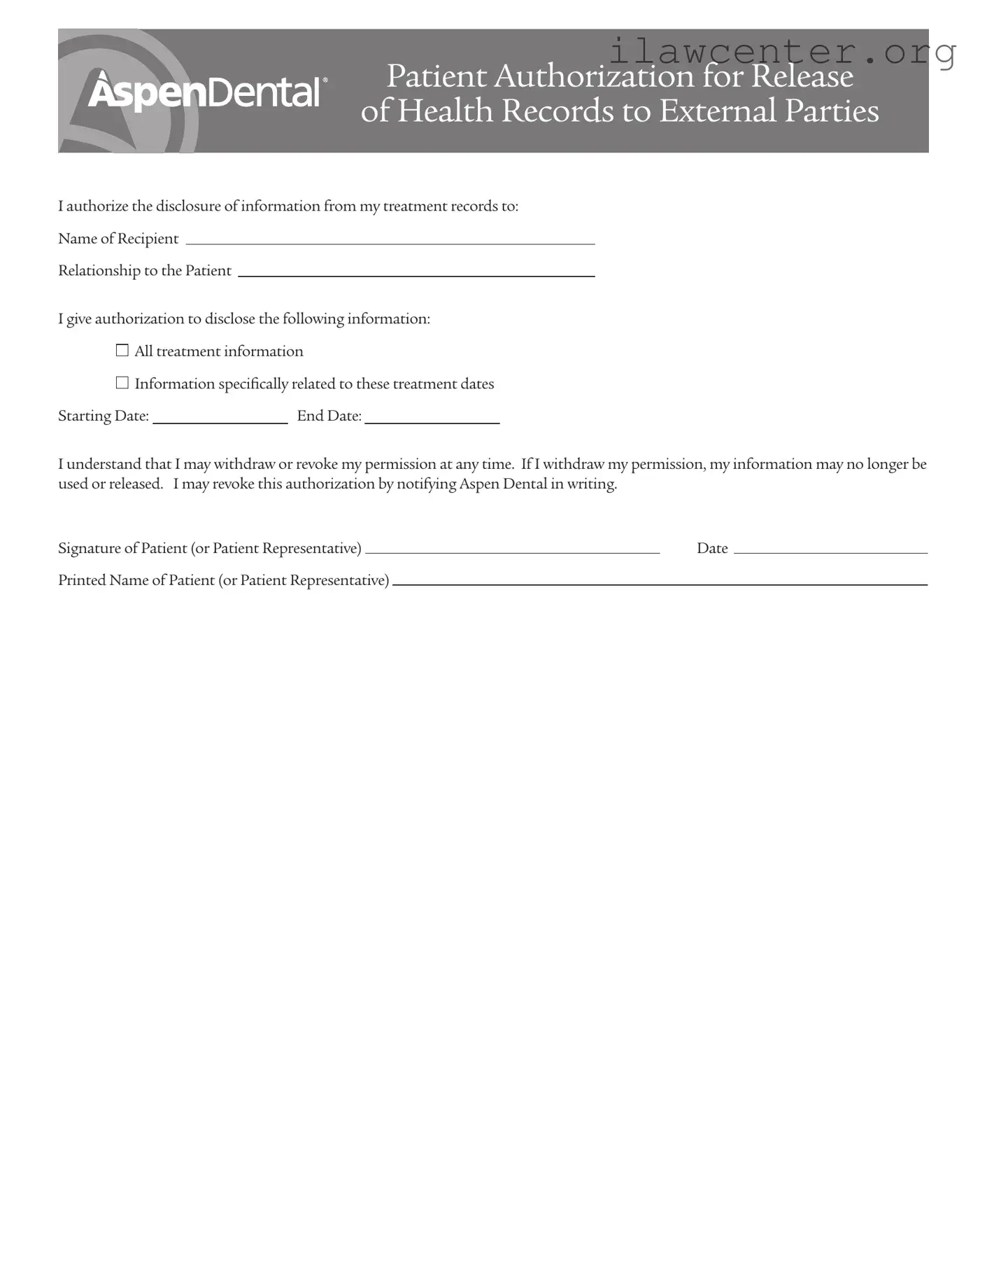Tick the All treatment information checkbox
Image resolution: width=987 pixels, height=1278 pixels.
tap(122, 351)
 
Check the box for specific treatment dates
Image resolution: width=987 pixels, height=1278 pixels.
tap(122, 383)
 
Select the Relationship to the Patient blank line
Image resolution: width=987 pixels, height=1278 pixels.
tap(416, 273)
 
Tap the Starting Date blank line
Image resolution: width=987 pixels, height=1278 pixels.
tap(220, 419)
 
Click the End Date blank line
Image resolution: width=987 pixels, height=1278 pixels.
tap(432, 419)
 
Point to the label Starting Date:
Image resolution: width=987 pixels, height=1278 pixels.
tap(104, 416)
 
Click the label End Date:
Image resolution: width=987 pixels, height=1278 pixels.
tap(329, 416)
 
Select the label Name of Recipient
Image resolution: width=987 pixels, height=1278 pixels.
tap(118, 239)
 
